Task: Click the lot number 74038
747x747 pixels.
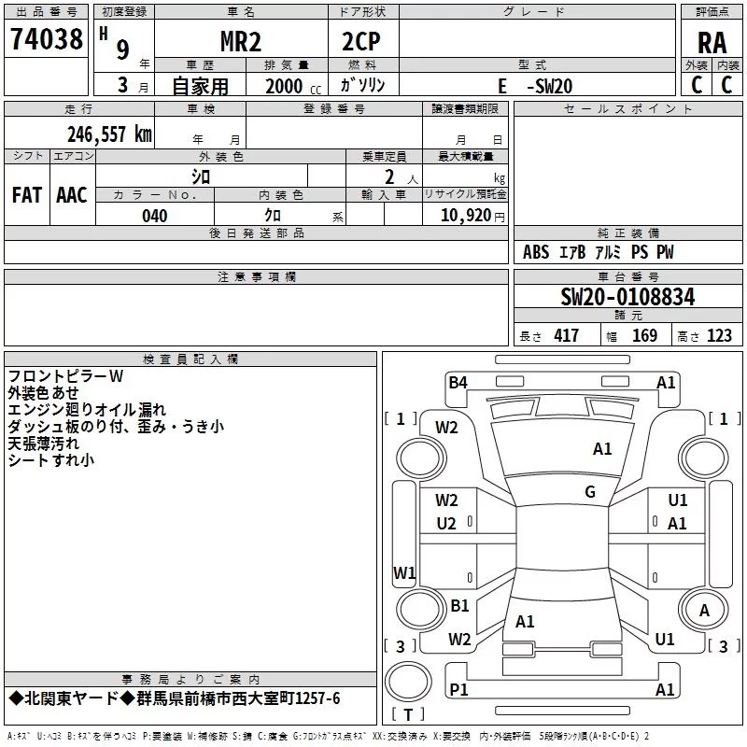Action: [47, 39]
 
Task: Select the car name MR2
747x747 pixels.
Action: [241, 42]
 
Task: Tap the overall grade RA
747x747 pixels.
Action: [712, 43]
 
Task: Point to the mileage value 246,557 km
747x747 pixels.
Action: [109, 134]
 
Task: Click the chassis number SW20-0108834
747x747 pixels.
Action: [627, 297]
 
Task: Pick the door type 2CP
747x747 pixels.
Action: [361, 42]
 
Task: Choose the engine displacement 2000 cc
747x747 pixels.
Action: [293, 86]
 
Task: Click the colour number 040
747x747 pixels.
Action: [155, 216]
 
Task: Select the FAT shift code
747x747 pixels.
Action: [27, 195]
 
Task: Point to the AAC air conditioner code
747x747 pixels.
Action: [72, 195]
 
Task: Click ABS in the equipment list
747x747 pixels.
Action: [536, 252]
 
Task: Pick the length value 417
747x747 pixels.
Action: [567, 335]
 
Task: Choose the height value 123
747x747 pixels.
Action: [719, 335]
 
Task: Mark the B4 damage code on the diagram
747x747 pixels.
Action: [458, 382]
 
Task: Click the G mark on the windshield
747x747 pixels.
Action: [590, 492]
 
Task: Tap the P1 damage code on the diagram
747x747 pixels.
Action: [458, 689]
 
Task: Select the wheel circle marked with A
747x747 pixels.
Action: [704, 610]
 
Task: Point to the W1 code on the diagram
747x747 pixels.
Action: [404, 572]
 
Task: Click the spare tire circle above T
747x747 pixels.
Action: [408, 682]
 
